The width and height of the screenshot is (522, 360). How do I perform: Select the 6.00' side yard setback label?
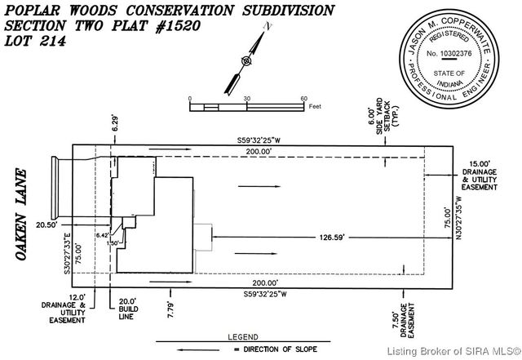point(383,122)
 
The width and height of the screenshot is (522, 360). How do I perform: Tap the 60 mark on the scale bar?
point(303,98)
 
